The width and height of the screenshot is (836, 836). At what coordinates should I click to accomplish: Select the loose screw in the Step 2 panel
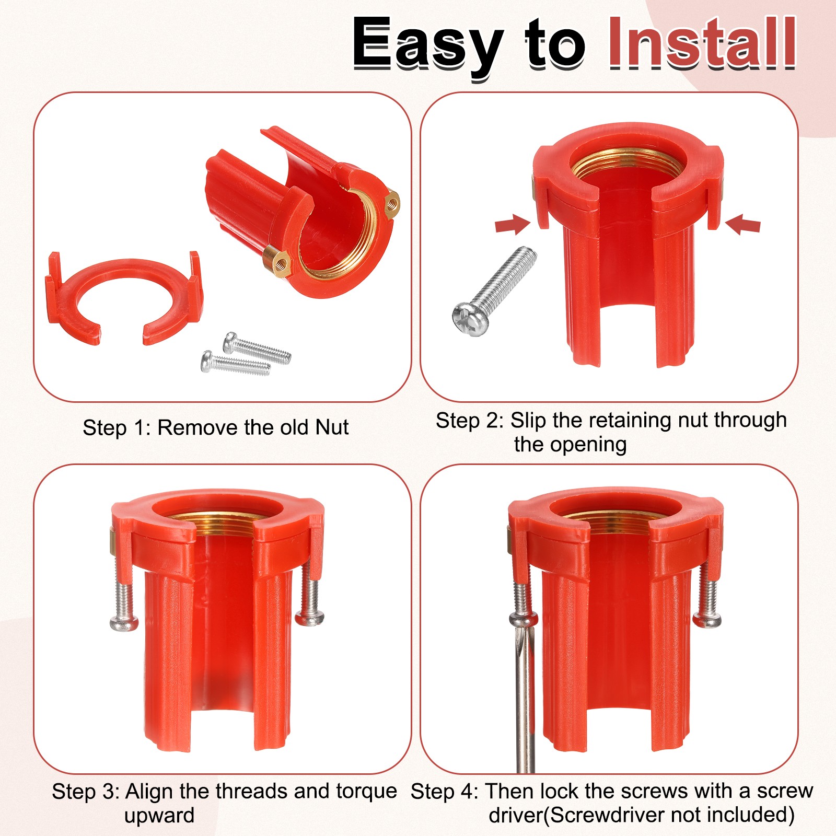pos(493,292)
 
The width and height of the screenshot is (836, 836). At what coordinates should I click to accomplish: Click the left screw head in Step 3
pos(124,623)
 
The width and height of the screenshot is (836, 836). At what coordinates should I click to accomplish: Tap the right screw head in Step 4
pos(707,620)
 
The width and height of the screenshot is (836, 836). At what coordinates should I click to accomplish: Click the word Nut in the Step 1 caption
pos(332,427)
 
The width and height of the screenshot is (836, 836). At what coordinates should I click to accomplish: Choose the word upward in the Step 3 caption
pos(159,816)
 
